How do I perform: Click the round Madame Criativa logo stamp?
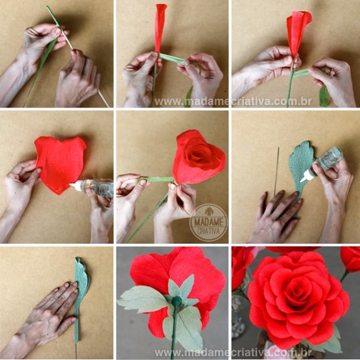pyautogui.click(x=208, y=222)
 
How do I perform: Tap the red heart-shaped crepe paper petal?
pyautogui.click(x=60, y=164)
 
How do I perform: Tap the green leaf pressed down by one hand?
pyautogui.click(x=81, y=286)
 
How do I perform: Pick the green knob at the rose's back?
pyautogui.click(x=176, y=302)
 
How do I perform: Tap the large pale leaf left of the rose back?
pyautogui.click(x=143, y=300)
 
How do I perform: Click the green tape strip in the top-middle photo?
pyautogui.click(x=173, y=58)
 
